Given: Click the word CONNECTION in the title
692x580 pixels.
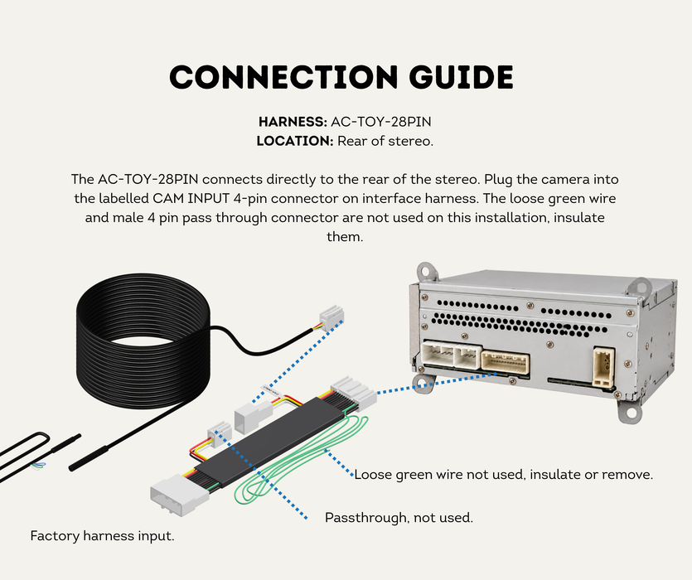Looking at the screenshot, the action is pos(283,77).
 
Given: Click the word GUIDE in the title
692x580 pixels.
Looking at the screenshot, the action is pos(461,77).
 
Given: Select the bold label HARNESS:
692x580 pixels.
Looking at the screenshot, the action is pos(293,122).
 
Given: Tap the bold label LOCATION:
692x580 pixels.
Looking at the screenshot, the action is pos(295,141).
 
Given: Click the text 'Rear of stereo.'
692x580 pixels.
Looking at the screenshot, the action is pos(385,141).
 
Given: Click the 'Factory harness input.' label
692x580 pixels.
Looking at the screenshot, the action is pos(103,536).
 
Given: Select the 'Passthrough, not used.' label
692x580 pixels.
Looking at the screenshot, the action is pos(399,517).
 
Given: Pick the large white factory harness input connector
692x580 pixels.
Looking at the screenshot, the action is pos(179,495).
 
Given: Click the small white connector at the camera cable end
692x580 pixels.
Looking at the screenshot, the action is pos(331,317).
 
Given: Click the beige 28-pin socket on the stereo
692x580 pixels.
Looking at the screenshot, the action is pos(506,363).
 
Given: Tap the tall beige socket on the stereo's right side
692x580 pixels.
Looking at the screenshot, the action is pos(604,367).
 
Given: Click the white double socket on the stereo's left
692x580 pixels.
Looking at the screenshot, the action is pos(451,355).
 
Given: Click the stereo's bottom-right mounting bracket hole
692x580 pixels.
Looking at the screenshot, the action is pos(631,413).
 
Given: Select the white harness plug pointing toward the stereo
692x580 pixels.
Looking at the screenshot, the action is pos(354,392).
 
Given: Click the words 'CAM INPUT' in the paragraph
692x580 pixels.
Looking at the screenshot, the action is pos(191,199).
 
